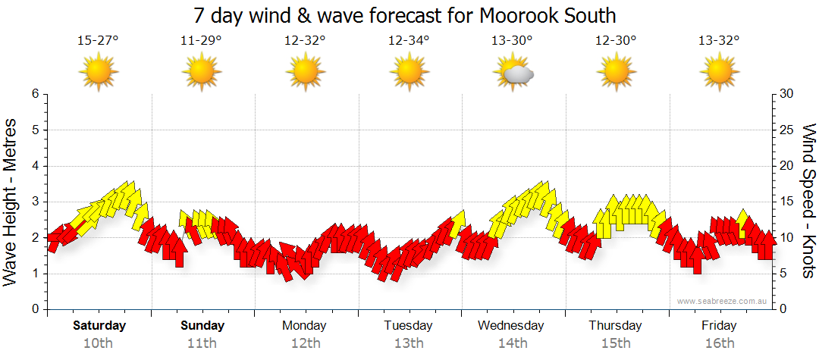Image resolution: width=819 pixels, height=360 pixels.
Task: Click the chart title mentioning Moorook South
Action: click(404, 15)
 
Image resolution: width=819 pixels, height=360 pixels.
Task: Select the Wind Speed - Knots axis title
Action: click(808, 201)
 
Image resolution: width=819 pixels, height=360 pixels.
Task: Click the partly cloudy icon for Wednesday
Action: click(513, 71)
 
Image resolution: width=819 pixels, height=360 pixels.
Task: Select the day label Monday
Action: click(304, 326)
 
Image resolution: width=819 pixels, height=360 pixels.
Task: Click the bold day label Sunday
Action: click(202, 326)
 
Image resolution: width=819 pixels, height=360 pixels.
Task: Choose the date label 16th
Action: click(718, 343)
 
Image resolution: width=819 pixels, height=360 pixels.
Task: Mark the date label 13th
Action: click(408, 343)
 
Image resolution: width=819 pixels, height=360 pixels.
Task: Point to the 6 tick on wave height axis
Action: click(34, 94)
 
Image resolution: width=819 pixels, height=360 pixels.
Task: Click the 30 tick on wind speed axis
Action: click(786, 94)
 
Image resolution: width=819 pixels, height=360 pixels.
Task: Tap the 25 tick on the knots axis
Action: click(786, 130)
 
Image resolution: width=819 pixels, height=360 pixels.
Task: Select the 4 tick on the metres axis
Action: click(34, 166)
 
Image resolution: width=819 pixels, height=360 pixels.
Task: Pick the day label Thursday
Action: click(615, 326)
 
